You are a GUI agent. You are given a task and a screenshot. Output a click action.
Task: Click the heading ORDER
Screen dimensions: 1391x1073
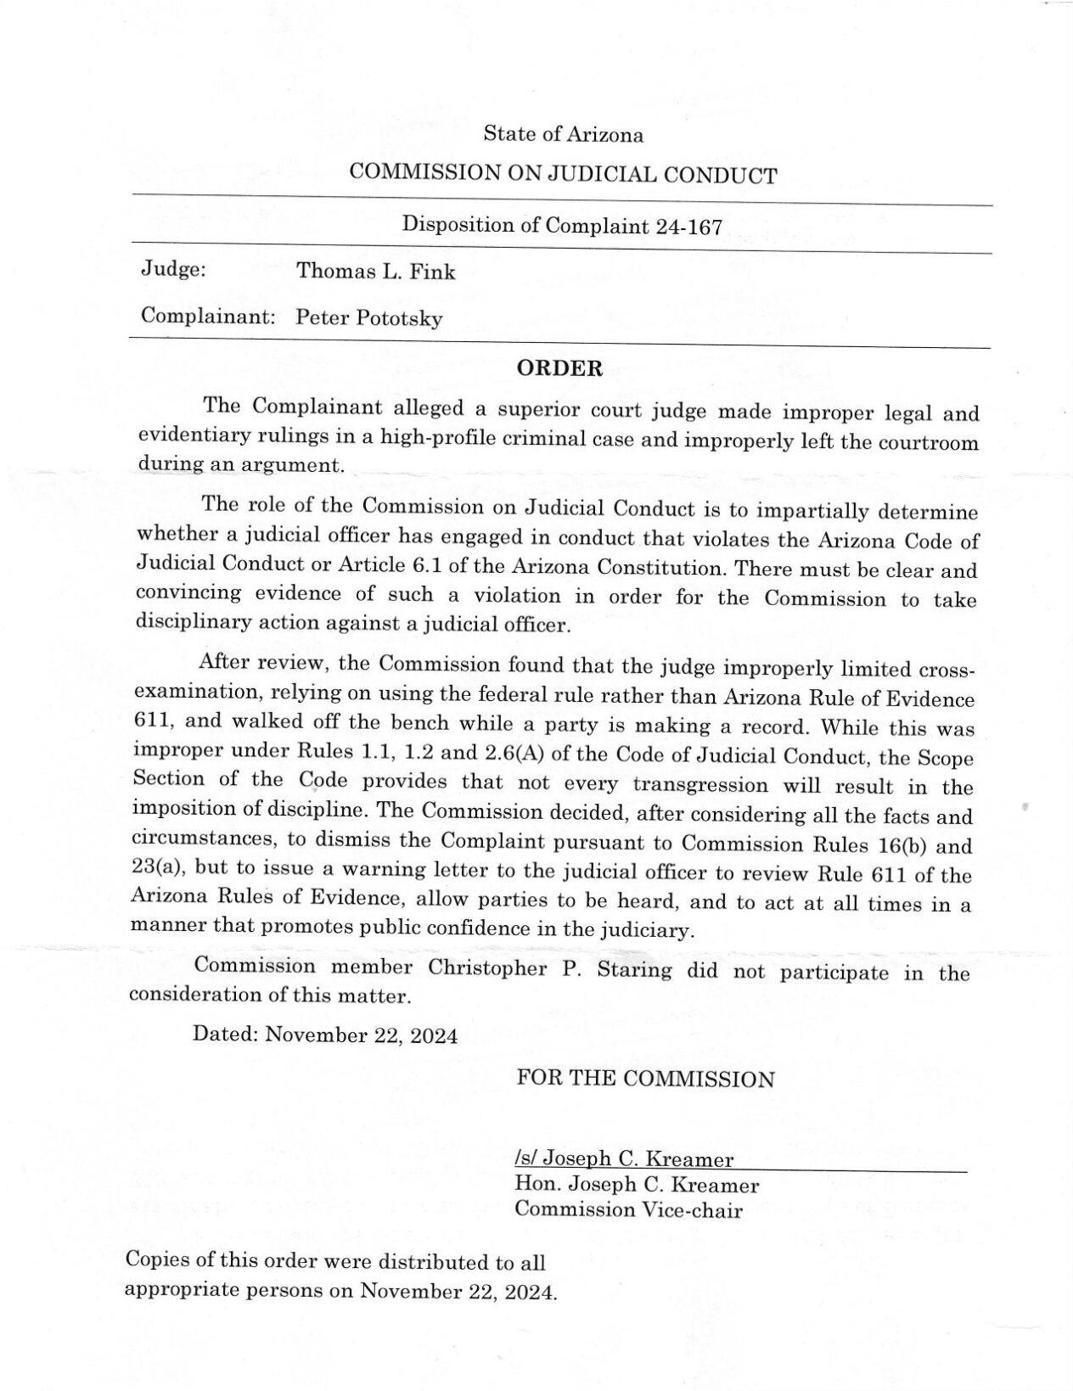pos(560,368)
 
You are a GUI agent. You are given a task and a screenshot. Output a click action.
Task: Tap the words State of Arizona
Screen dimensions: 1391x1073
pos(563,134)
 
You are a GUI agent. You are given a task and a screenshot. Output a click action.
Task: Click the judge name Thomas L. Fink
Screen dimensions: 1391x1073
pos(375,272)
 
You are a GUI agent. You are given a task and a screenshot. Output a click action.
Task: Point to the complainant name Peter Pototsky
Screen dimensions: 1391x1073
pos(369,318)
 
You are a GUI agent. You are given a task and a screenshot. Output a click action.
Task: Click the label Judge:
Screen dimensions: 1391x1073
pos(173,270)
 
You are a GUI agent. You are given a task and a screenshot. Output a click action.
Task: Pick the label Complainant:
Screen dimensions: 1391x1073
pos(208,317)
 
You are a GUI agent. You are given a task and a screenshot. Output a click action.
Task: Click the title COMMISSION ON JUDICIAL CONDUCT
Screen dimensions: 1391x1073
pos(563,175)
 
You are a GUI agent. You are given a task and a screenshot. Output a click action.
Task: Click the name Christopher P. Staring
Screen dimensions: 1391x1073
pos(549,968)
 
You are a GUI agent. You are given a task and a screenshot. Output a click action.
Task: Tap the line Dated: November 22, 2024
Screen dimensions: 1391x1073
pos(325,1035)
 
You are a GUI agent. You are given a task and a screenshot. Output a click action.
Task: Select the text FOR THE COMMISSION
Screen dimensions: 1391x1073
pos(645,1079)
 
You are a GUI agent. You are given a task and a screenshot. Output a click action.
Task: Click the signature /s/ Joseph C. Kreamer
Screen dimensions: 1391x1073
pos(624,1158)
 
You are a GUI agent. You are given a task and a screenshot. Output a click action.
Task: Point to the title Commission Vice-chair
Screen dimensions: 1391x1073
pos(628,1209)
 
